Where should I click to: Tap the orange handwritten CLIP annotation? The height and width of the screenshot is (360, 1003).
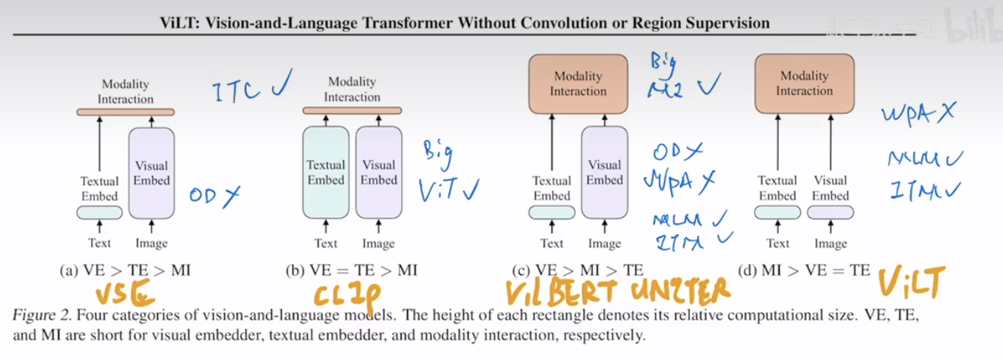tap(347, 294)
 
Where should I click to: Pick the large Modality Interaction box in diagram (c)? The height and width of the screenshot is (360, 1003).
tap(578, 84)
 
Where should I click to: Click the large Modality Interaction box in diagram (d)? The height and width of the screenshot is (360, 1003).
tap(804, 84)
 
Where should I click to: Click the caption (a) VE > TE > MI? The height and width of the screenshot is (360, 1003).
tap(125, 270)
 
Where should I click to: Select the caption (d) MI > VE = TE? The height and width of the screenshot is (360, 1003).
tap(805, 269)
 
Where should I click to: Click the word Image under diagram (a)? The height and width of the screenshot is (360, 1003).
tap(151, 243)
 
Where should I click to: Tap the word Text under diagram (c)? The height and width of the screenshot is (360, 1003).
tap(552, 243)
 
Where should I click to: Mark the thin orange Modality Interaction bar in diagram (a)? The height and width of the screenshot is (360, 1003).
tap(125, 112)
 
